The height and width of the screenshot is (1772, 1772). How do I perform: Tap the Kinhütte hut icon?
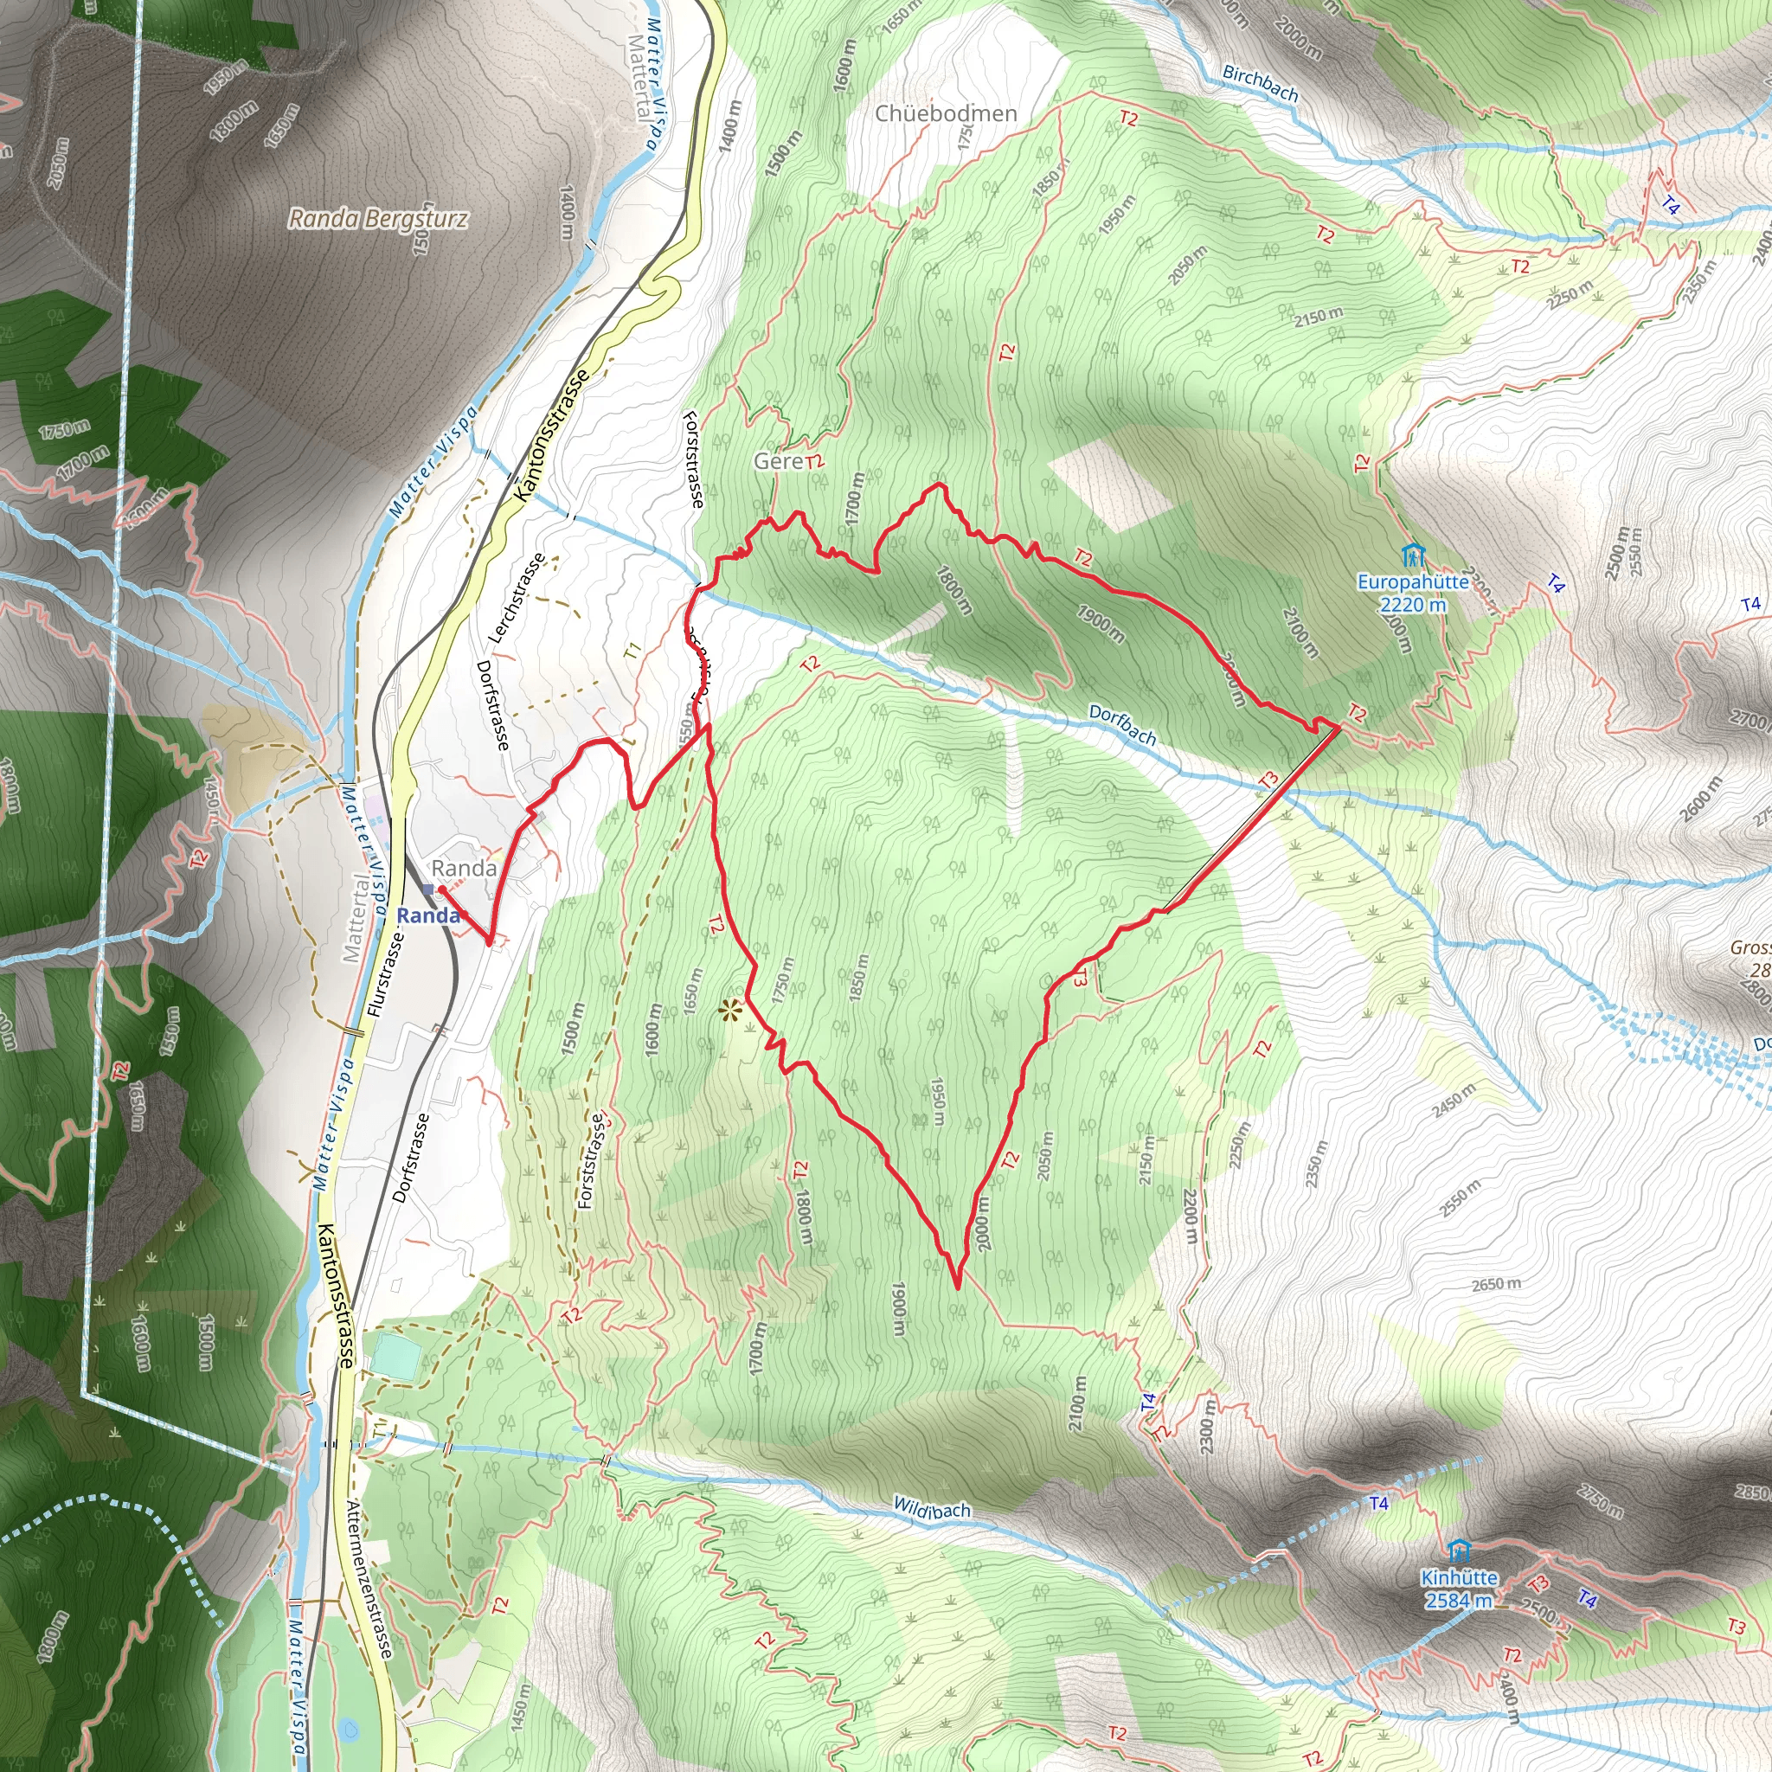[x=1458, y=1551]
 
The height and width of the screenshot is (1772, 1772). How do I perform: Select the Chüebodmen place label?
[x=946, y=113]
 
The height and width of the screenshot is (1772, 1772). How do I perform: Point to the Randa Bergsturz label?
[x=378, y=219]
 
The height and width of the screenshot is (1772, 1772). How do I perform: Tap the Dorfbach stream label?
[x=1122, y=724]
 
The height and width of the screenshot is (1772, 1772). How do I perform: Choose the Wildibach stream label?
[x=931, y=1510]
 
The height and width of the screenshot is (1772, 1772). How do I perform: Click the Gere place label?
[x=778, y=461]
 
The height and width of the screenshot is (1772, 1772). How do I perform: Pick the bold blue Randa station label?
[x=427, y=915]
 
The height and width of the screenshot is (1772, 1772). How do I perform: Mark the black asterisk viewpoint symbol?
[x=730, y=1011]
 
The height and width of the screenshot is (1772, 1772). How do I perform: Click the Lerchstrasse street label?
[x=517, y=597]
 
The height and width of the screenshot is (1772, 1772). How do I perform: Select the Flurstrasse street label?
[x=385, y=974]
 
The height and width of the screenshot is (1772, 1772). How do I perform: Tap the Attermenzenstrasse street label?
[x=369, y=1580]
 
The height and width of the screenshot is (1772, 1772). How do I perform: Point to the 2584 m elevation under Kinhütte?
[x=1458, y=1600]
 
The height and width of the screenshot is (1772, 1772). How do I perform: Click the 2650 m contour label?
[x=1496, y=1284]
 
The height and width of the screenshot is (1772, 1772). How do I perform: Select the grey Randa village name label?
[x=464, y=868]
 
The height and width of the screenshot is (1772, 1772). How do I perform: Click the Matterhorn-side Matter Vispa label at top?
[x=652, y=82]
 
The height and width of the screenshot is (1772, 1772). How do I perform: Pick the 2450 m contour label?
[x=1454, y=1100]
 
